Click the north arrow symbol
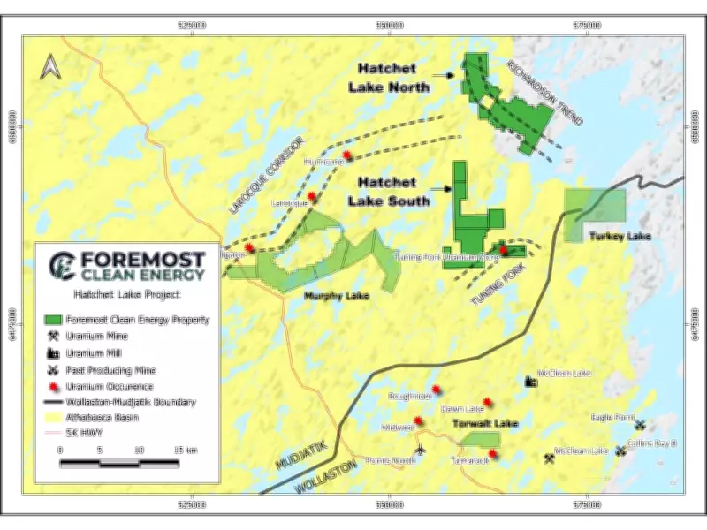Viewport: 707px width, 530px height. coord(51,66)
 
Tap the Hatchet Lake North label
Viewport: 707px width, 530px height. coord(393,78)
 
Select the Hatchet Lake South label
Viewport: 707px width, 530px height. coord(393,192)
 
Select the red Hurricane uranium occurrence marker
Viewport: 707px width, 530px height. coord(346,155)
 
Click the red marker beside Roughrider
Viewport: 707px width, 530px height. coord(436,390)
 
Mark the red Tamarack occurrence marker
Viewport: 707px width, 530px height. coord(492,455)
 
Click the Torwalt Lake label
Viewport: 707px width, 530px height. coord(485,425)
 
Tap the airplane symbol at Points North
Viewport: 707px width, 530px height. coord(420,450)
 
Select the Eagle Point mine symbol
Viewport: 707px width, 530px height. coord(640,425)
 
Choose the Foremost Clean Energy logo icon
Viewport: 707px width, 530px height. coord(61,263)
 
